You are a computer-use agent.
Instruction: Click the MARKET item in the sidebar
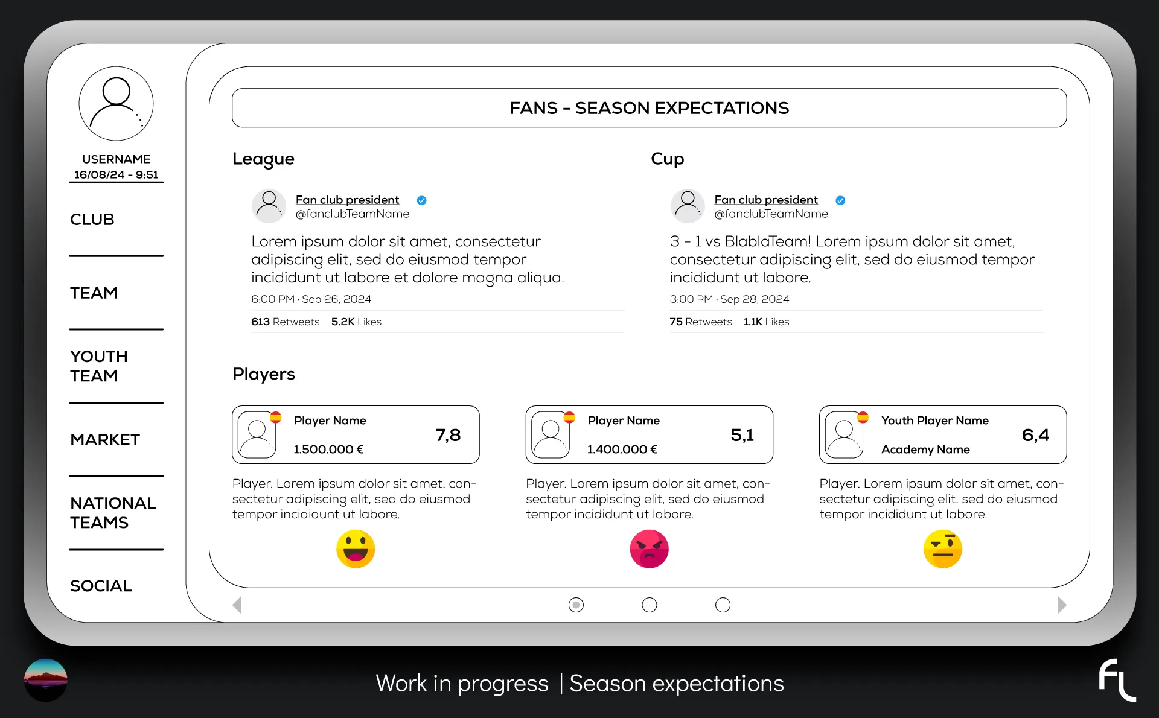pos(105,439)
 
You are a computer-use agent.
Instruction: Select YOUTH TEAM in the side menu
pos(99,366)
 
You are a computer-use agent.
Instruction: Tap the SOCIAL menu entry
pos(101,586)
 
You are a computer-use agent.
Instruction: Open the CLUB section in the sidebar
pos(92,220)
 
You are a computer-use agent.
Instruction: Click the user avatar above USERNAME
pos(116,104)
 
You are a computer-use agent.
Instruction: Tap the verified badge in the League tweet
pos(422,200)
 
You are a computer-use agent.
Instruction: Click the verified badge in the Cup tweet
pos(840,200)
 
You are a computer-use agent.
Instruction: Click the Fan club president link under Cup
pos(766,200)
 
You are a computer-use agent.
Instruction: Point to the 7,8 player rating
pos(448,435)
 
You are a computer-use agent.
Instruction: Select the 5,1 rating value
pos(742,435)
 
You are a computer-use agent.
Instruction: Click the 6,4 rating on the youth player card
pos(1036,435)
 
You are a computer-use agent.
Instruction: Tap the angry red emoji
pos(650,549)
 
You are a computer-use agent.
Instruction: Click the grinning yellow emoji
pos(356,549)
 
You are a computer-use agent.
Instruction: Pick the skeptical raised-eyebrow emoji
pos(943,549)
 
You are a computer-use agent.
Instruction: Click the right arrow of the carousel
pos(1062,605)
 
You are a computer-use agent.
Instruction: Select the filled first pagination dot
pos(576,605)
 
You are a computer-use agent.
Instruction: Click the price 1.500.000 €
pos(328,450)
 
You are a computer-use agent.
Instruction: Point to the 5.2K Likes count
pos(356,322)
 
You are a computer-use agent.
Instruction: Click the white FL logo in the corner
pos(1117,680)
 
